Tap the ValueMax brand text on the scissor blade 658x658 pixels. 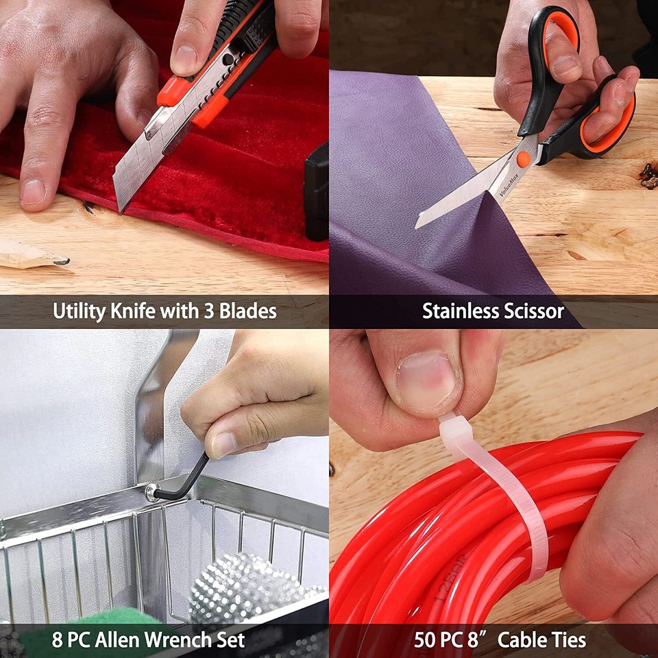pos(509,184)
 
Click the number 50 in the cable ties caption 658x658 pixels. pos(426,640)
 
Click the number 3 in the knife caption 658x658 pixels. pos(208,311)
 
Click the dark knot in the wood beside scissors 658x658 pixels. pos(649,176)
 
